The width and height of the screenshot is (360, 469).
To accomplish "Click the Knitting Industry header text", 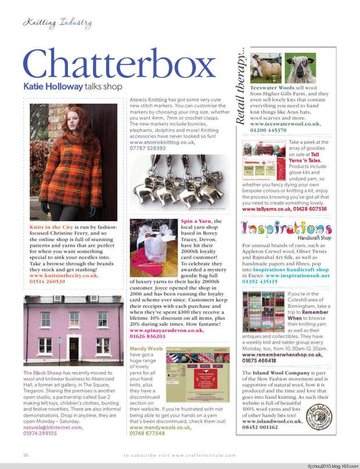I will [x=57, y=23].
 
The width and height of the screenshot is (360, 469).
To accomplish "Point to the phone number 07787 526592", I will [x=147, y=148].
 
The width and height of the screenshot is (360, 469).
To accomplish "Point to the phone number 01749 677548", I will [x=147, y=432].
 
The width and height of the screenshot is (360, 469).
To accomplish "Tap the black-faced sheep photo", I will [x=300, y=69].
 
